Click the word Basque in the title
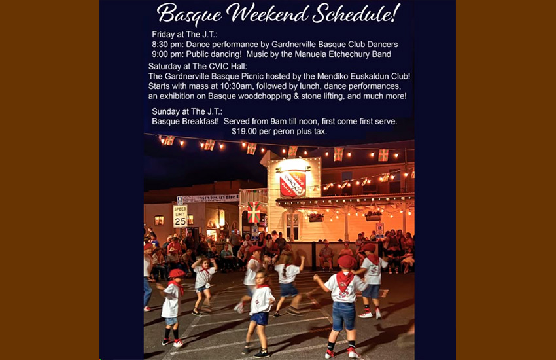(x=190, y=14)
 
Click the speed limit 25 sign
(x=180, y=217)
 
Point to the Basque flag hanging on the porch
(x=254, y=211)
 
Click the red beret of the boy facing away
(x=347, y=262)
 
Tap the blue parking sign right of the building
(x=379, y=229)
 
